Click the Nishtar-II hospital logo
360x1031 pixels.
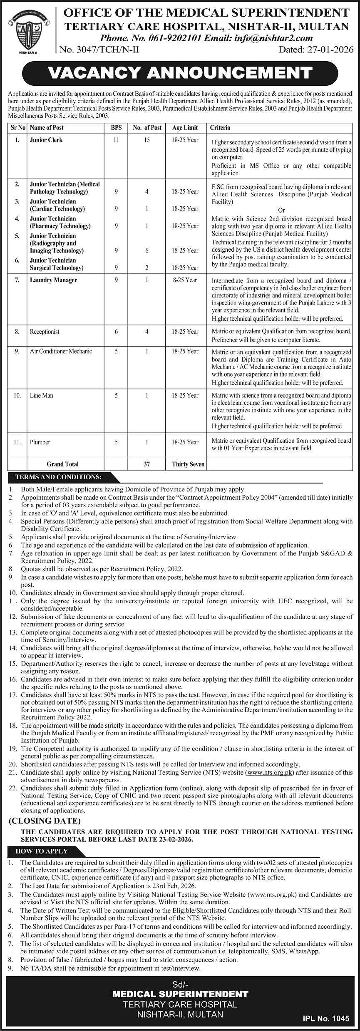click(28, 31)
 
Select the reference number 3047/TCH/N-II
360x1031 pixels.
click(99, 50)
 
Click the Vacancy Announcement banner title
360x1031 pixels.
click(180, 73)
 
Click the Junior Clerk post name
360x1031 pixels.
click(46, 140)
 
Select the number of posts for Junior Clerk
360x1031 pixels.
click(147, 140)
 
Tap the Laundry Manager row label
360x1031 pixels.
click(53, 280)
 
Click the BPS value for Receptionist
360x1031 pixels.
click(117, 332)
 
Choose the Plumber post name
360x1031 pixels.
click(40, 442)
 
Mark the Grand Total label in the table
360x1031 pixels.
click(62, 464)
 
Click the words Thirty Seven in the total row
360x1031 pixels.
click(188, 464)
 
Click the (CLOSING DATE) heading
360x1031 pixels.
click(45, 821)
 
